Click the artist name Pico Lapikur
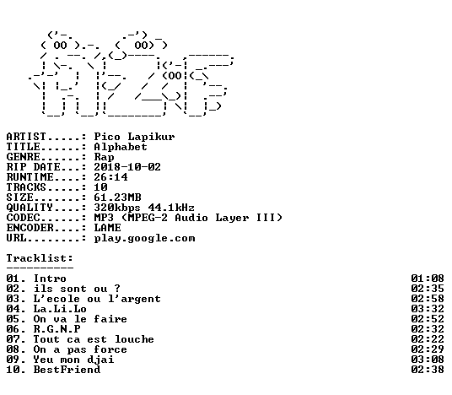(134, 137)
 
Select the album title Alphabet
(121, 147)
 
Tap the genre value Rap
(104, 157)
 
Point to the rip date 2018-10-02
(127, 167)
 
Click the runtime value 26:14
(110, 177)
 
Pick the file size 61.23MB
(117, 197)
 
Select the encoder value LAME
(108, 228)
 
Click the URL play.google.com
(144, 238)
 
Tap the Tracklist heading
(40, 258)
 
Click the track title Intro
(50, 279)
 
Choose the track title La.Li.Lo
(60, 309)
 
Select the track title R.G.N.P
(57, 329)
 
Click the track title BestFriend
(67, 370)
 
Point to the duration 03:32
(428, 309)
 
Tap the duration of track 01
(428, 279)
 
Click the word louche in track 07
(134, 339)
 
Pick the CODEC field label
(24, 218)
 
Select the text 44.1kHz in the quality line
(171, 208)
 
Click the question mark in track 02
(116, 289)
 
